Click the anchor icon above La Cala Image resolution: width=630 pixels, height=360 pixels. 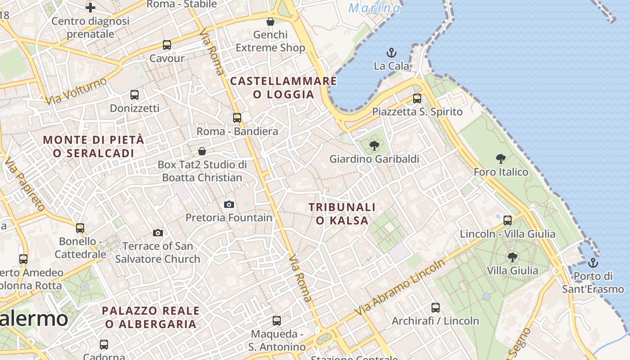pyautogui.click(x=391, y=53)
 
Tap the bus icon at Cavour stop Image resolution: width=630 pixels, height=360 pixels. pyautogui.click(x=167, y=45)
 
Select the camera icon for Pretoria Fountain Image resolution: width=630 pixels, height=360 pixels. pyautogui.click(x=229, y=205)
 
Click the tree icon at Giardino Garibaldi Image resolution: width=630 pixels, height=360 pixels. pyautogui.click(x=374, y=145)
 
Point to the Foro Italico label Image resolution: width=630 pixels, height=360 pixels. pyautogui.click(x=501, y=172)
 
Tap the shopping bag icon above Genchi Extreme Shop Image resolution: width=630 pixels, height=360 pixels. pyautogui.click(x=270, y=22)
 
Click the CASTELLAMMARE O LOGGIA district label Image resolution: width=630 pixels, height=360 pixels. pyautogui.click(x=283, y=88)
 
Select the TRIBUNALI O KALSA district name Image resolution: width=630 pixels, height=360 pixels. pyautogui.click(x=342, y=214)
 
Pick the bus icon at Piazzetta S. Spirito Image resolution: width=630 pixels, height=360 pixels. pyautogui.click(x=417, y=98)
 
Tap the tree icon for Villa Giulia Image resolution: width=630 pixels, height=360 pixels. pyautogui.click(x=512, y=257)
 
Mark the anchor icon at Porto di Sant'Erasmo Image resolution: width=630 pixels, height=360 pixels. pyautogui.click(x=593, y=262)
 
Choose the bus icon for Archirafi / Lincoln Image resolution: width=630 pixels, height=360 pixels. pyautogui.click(x=436, y=308)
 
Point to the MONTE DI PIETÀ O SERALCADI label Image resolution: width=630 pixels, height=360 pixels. pyautogui.click(x=94, y=146)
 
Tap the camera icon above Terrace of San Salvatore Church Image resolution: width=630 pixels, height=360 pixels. pyautogui.click(x=157, y=233)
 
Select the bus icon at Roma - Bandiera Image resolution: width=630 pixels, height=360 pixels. pyautogui.click(x=237, y=118)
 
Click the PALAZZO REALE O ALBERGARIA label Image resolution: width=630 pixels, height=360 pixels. pyautogui.click(x=151, y=317)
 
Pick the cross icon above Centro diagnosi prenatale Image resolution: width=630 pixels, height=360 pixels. pyautogui.click(x=90, y=8)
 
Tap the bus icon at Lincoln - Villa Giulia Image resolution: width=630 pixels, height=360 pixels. pyautogui.click(x=508, y=220)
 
